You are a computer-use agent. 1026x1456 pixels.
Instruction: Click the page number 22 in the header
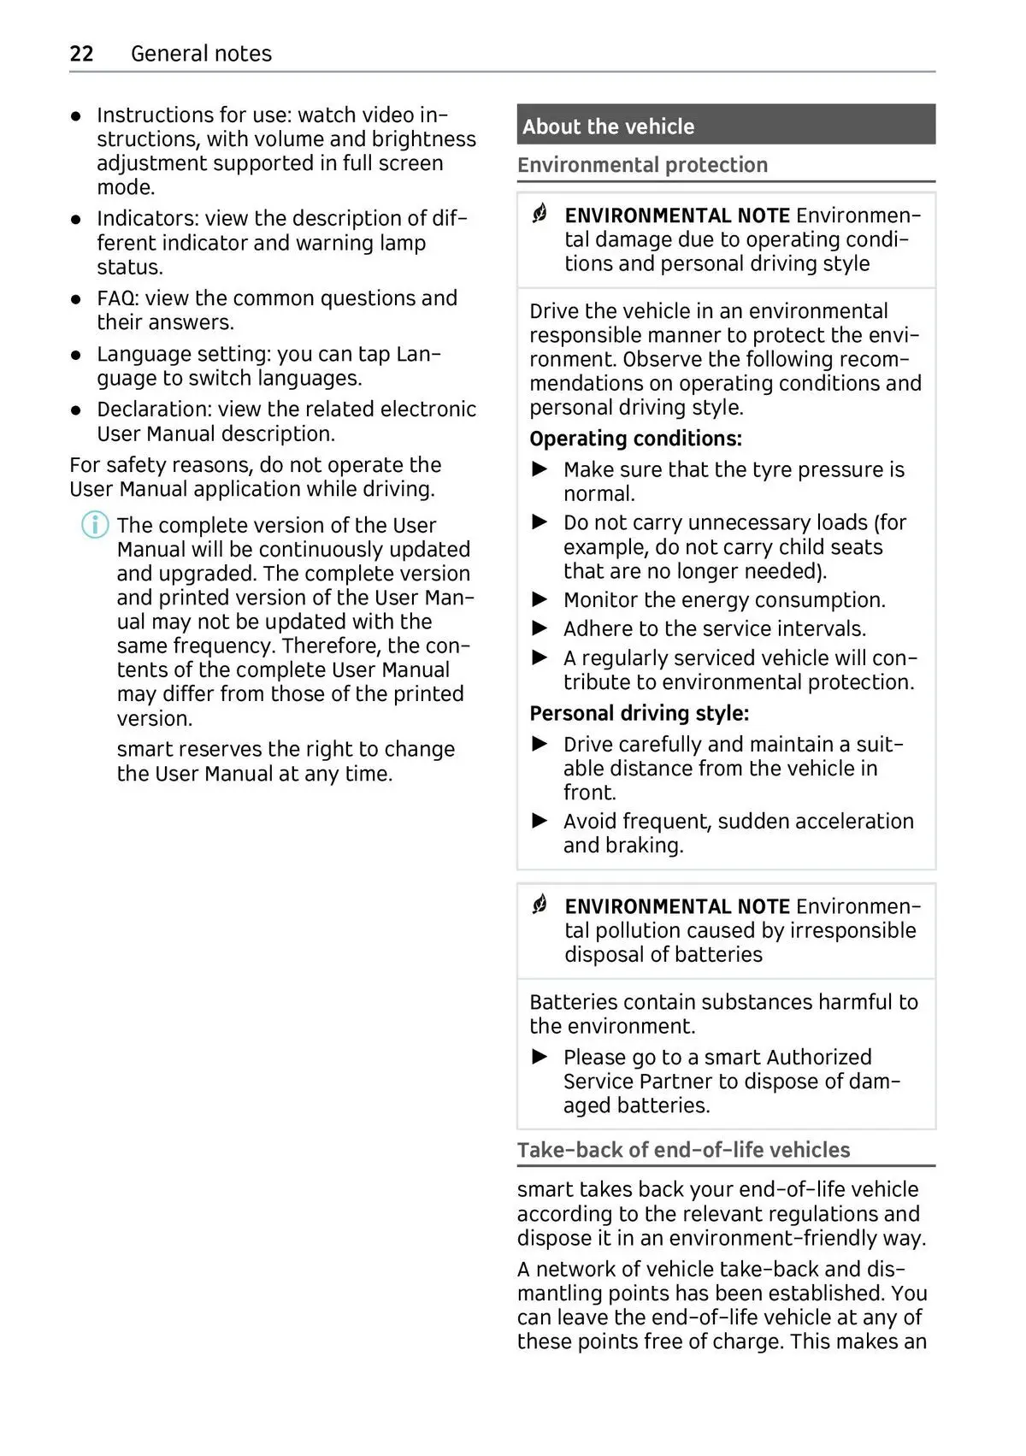(x=81, y=54)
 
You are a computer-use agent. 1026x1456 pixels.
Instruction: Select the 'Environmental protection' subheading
(x=642, y=165)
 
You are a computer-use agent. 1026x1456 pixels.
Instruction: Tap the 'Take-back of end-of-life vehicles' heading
(x=683, y=1150)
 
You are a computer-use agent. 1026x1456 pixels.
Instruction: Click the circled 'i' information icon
(x=95, y=524)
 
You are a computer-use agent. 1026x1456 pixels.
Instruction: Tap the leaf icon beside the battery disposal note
(x=540, y=905)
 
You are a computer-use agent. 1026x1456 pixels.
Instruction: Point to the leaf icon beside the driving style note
(x=540, y=214)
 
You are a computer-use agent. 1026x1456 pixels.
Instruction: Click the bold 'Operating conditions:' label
(x=635, y=439)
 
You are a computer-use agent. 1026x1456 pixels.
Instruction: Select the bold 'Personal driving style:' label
(x=639, y=713)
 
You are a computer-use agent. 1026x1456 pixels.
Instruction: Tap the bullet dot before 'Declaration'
(x=77, y=410)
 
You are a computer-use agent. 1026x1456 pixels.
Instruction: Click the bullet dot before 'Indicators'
(x=77, y=220)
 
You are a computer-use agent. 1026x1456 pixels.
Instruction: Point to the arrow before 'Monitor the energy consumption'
(x=540, y=599)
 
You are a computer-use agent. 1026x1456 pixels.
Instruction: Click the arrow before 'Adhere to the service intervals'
(x=540, y=628)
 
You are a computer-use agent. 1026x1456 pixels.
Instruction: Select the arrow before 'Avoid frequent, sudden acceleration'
(x=540, y=821)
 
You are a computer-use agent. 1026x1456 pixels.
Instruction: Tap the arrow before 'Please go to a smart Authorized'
(x=540, y=1057)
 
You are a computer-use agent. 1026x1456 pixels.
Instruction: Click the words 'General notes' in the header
(x=201, y=54)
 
